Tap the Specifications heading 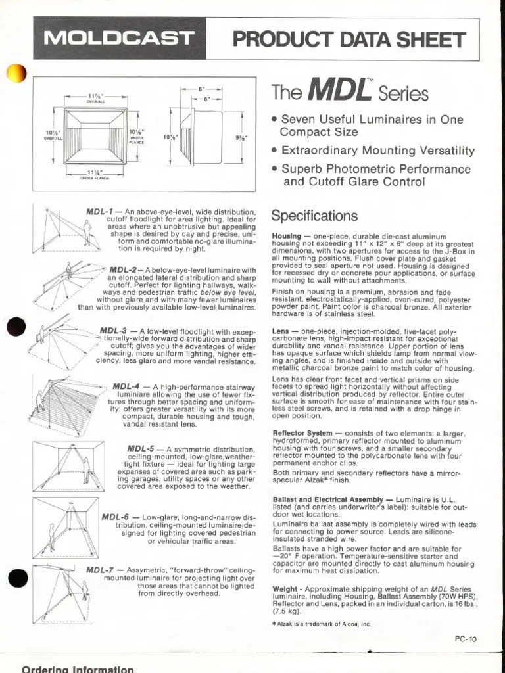coord(315,216)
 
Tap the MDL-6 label coord(116,517)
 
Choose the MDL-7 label coord(101,570)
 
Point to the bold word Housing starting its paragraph coord(287,236)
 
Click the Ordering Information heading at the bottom coord(78,668)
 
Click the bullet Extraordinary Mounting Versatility coord(378,151)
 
